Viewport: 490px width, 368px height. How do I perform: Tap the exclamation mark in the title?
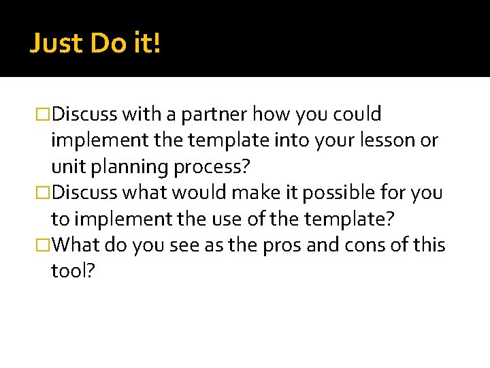tap(157, 44)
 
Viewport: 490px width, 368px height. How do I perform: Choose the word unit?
tap(67, 167)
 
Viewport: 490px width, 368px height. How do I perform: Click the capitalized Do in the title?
tap(107, 44)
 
